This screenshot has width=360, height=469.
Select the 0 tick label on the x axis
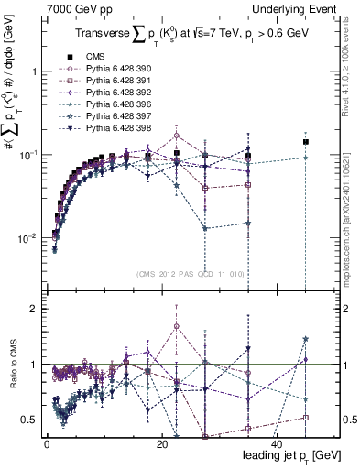[x=48, y=444]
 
